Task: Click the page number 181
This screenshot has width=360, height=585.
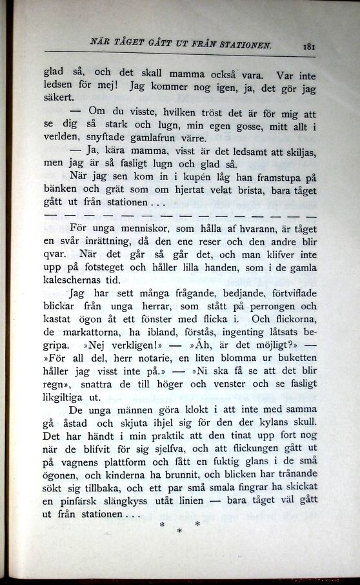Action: point(307,46)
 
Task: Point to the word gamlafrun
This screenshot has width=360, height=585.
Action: point(147,138)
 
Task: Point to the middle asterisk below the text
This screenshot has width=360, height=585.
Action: point(179,531)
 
